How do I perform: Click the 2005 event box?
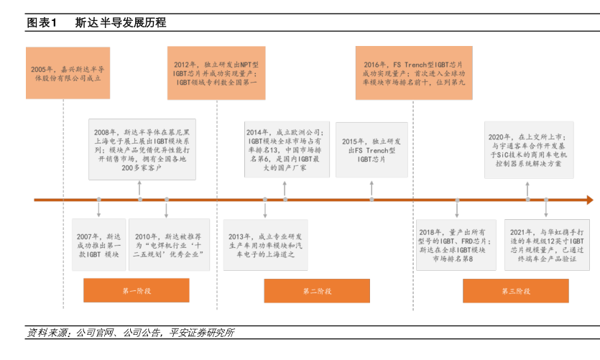pyautogui.click(x=68, y=73)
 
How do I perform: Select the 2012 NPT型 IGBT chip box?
pyautogui.click(x=214, y=73)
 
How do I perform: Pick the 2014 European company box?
pyautogui.click(x=285, y=147)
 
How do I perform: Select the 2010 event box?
pyautogui.click(x=168, y=244)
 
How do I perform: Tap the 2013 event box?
pyautogui.click(x=267, y=244)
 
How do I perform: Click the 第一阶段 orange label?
pyautogui.click(x=136, y=291)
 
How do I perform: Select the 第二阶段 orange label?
pyautogui.click(x=317, y=291)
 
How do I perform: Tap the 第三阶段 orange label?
pyautogui.click(x=515, y=291)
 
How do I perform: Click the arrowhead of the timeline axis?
pyautogui.click(x=589, y=200)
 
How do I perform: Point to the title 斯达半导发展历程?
pyautogui.click(x=121, y=22)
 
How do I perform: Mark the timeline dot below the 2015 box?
pyautogui.click(x=371, y=200)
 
